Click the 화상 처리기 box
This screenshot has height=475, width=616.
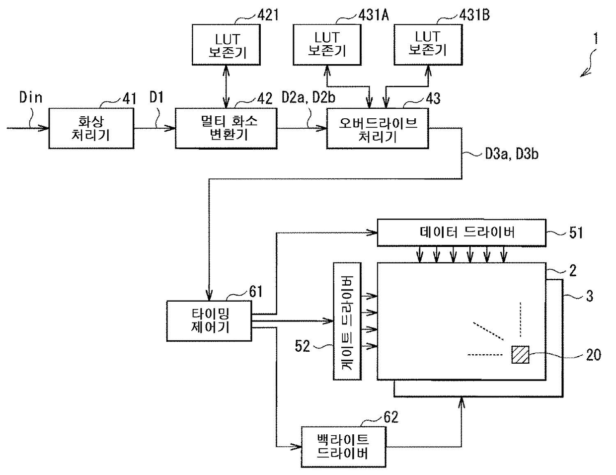tap(91, 128)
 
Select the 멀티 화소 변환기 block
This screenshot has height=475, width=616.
tap(226, 128)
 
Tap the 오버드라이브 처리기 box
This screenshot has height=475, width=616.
tap(378, 128)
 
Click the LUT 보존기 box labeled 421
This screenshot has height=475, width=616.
tap(226, 45)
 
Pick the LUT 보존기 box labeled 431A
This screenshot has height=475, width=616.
tap(327, 45)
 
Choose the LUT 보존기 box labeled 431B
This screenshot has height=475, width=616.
tap(428, 45)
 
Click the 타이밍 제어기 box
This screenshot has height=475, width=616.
tap(209, 321)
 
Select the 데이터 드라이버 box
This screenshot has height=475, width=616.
tap(462, 233)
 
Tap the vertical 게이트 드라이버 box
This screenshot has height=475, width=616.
tap(347, 321)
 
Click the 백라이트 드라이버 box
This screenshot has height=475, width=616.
tap(343, 447)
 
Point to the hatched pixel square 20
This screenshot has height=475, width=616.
tap(520, 355)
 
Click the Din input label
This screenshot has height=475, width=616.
tap(31, 97)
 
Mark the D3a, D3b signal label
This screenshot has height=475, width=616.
tap(512, 154)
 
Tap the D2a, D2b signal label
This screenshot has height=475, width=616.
tap(308, 97)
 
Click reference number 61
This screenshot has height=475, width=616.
tap(256, 291)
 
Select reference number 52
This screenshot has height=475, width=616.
tap(302, 346)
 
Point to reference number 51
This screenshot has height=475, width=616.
tap(576, 233)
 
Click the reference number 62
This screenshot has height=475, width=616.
tap(391, 417)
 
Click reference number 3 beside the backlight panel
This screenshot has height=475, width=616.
tap(590, 296)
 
